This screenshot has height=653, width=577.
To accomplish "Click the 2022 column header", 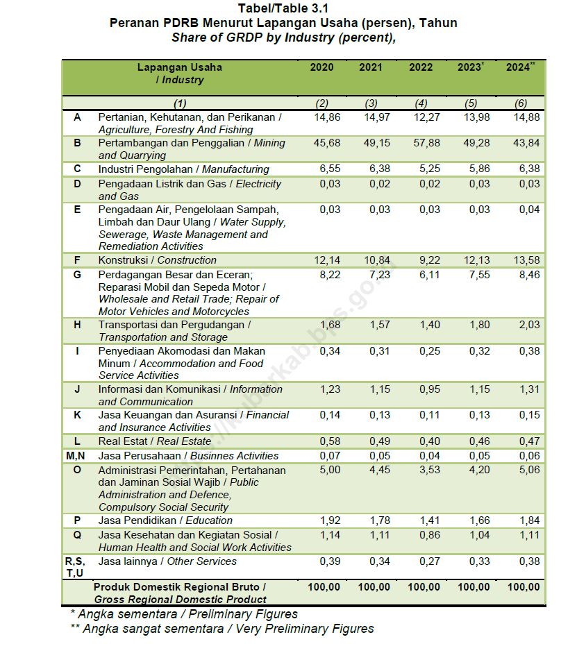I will coord(421,67).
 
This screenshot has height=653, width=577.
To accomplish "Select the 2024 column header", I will coord(519,67).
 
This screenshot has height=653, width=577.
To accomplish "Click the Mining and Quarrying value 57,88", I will coord(421,143).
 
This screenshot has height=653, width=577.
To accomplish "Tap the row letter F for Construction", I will coord(77,260).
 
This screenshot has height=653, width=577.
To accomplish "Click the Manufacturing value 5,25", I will coord(421,169).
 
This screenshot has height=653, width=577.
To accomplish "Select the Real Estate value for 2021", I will coord(375,441).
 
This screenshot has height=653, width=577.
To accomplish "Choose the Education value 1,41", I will coord(421,520).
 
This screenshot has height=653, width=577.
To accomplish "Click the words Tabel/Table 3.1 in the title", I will coord(283,9).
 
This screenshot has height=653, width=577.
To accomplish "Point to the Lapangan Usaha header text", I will coord(180,67).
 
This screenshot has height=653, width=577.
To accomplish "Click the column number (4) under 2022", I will coord(421,103).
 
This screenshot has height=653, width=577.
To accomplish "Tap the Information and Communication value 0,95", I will coord(421,389).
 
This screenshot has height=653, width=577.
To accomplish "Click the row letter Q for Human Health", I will coord(77,535).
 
